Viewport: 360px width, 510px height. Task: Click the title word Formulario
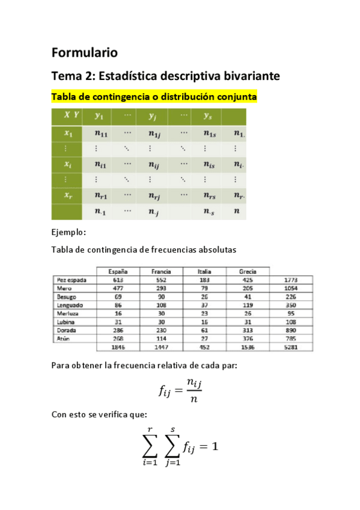(84, 52)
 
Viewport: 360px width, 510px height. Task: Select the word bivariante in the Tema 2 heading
(247, 76)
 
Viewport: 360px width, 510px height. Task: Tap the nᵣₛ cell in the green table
(209, 195)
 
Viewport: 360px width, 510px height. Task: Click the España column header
(117, 272)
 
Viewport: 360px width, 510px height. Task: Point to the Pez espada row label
(72, 280)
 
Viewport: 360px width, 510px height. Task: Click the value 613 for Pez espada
(117, 280)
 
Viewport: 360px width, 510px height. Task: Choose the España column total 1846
(117, 347)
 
